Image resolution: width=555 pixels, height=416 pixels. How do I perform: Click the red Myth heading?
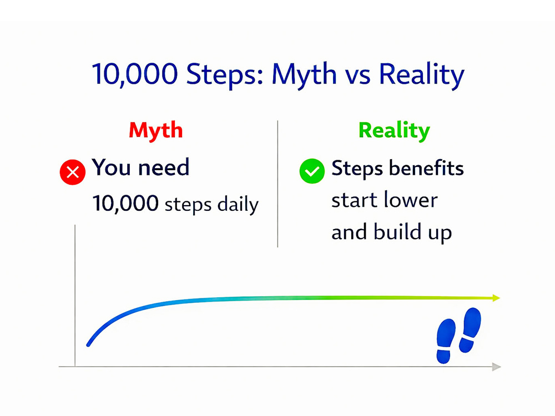[x=155, y=130]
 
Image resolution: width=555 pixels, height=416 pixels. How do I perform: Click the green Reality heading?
[x=394, y=130]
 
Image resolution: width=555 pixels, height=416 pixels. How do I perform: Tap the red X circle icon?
[x=72, y=173]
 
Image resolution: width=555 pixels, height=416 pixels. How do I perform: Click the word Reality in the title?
[x=420, y=75]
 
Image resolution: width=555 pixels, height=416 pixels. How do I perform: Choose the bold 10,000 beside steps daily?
[x=126, y=204]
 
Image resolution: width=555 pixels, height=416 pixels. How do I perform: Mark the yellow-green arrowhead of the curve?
[x=495, y=298]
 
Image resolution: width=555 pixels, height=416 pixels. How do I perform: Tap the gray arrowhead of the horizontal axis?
[x=496, y=367]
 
